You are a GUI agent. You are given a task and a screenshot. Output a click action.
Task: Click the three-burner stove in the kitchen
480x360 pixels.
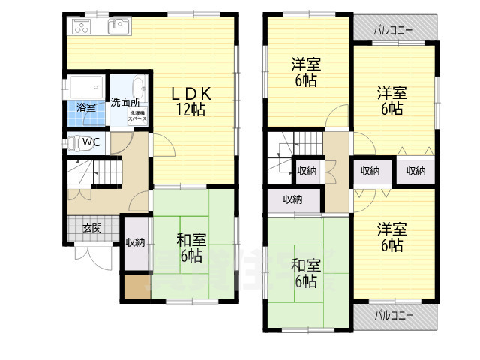click(x=80, y=28)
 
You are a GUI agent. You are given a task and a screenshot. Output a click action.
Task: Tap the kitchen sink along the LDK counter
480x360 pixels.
click(x=117, y=28)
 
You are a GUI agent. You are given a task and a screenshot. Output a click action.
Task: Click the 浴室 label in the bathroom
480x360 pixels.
click(x=86, y=107)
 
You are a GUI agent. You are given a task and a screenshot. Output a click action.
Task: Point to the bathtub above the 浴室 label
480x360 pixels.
click(x=86, y=85)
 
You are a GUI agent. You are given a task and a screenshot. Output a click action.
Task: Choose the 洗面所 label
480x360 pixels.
click(x=125, y=102)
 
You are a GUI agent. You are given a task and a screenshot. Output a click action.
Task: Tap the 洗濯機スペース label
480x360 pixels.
click(x=137, y=116)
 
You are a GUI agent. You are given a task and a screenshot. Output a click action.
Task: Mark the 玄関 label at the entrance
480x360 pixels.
click(x=91, y=229)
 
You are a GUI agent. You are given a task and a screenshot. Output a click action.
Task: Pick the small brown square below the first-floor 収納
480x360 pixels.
click(x=136, y=287)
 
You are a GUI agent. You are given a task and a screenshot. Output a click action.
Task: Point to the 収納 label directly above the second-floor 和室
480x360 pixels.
click(x=293, y=199)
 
